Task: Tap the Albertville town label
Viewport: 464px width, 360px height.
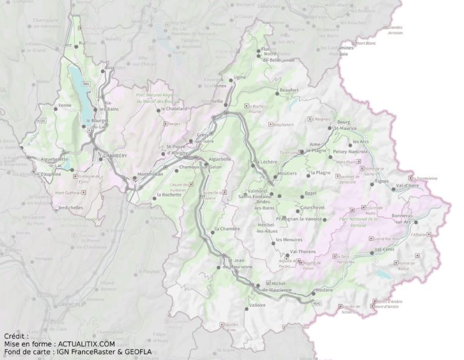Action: (212, 101)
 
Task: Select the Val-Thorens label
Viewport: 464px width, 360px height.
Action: (303, 251)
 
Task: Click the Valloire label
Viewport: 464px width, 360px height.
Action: (257, 306)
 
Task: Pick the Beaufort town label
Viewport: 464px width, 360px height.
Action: (289, 90)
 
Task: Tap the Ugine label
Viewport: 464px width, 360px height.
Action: (240, 78)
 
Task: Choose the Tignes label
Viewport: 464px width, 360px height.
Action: (381, 181)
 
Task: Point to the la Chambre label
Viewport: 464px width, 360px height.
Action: (227, 229)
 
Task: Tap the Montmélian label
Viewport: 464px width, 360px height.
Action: (150, 174)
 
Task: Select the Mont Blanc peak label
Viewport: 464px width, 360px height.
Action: (366, 43)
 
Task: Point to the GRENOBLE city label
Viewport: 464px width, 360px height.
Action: (71, 304)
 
